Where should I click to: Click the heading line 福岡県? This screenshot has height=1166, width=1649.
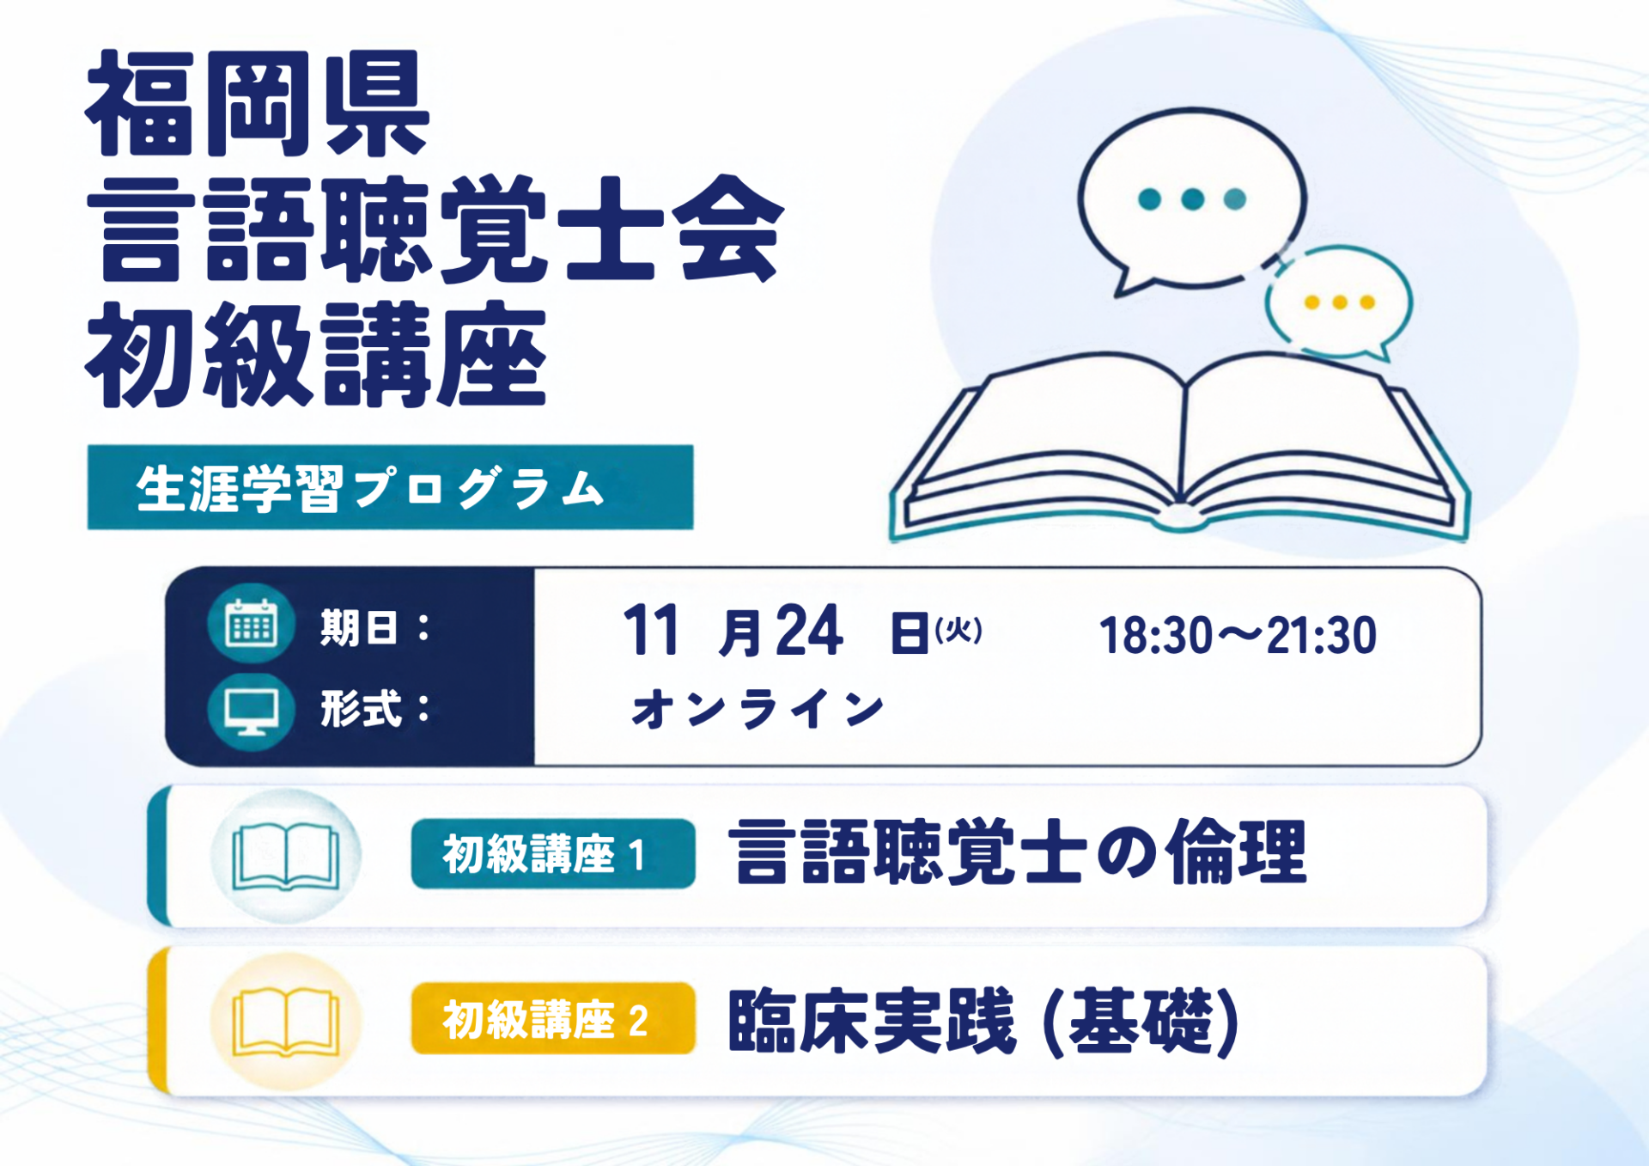click(257, 103)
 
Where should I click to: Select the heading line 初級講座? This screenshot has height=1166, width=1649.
click(316, 354)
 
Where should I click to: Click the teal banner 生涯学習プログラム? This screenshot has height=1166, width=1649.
click(390, 487)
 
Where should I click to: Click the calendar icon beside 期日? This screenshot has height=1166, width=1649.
click(251, 623)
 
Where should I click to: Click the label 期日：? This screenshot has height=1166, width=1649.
click(374, 627)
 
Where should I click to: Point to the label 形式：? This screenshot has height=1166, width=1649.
click(374, 710)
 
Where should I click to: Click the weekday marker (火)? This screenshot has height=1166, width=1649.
click(958, 631)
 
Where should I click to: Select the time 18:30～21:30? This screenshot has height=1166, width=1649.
click(1238, 636)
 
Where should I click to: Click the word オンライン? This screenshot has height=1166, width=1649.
click(758, 709)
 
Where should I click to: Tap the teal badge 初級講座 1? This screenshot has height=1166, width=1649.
click(553, 854)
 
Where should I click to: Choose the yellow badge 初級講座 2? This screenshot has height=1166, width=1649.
click(553, 1019)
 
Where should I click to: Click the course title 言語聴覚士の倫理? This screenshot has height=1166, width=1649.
click(1018, 852)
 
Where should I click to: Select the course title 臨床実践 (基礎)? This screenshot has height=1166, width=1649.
click(984, 1021)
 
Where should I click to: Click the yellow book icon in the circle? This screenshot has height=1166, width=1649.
click(286, 1023)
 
